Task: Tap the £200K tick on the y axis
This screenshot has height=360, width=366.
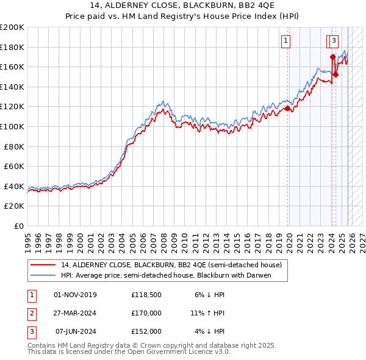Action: (x=12, y=27)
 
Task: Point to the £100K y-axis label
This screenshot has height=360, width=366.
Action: (x=12, y=126)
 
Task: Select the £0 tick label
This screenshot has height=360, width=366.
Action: (x=18, y=226)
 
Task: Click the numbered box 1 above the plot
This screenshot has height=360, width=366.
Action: (x=286, y=41)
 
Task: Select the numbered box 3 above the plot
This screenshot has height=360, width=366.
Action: (x=334, y=41)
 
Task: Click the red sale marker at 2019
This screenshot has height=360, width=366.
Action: (x=287, y=109)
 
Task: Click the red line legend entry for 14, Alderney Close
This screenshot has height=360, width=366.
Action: (x=171, y=265)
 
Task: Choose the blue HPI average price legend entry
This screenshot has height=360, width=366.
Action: (x=165, y=276)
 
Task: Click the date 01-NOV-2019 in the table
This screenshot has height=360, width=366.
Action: (x=76, y=295)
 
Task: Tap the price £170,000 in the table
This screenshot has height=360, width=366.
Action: (x=146, y=313)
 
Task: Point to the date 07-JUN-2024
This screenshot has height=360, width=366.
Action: (x=76, y=331)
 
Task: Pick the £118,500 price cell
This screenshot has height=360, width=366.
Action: (x=146, y=295)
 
